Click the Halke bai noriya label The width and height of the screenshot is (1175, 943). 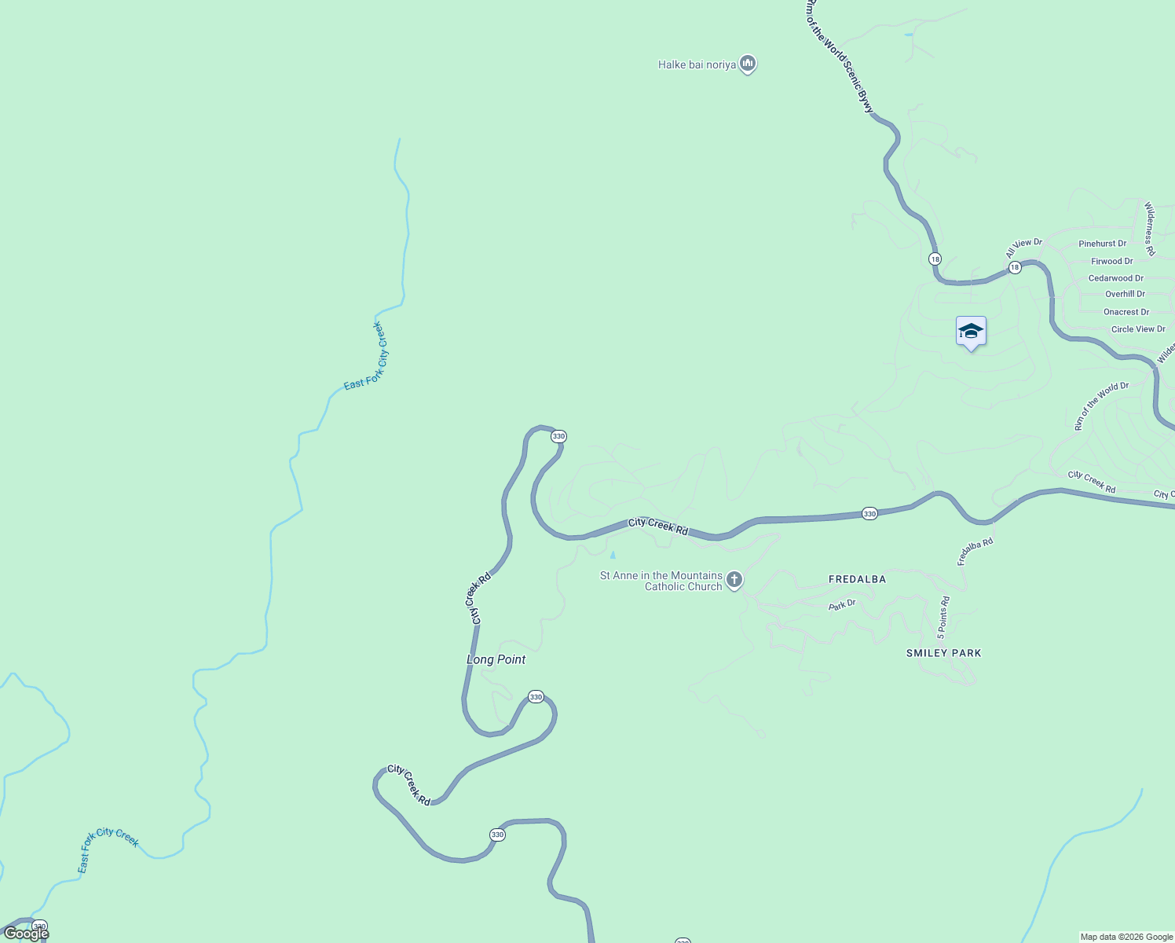(x=697, y=64)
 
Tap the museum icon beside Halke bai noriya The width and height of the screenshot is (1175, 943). (x=748, y=63)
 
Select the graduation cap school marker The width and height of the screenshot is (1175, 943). (x=971, y=331)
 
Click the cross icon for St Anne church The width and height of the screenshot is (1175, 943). (x=734, y=581)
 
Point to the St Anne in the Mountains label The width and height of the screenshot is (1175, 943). (x=661, y=581)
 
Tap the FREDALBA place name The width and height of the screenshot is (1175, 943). (x=857, y=579)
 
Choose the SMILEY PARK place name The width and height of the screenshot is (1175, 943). (x=943, y=653)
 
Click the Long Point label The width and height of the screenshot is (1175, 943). (x=496, y=659)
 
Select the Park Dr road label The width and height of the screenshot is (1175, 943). (x=842, y=605)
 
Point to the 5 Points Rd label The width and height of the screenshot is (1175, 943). (x=943, y=617)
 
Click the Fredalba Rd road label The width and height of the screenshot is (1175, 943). (x=975, y=552)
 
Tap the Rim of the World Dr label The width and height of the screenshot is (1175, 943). (x=1101, y=406)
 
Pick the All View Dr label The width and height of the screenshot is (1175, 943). (x=1023, y=248)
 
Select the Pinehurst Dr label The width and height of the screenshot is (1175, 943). (x=1102, y=244)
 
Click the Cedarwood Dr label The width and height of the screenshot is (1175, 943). (x=1115, y=278)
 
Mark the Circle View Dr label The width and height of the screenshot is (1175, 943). (x=1138, y=329)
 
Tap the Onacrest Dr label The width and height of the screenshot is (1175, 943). (x=1126, y=312)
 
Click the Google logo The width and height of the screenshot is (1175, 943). (x=26, y=934)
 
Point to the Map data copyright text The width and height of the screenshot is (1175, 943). (x=1126, y=937)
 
